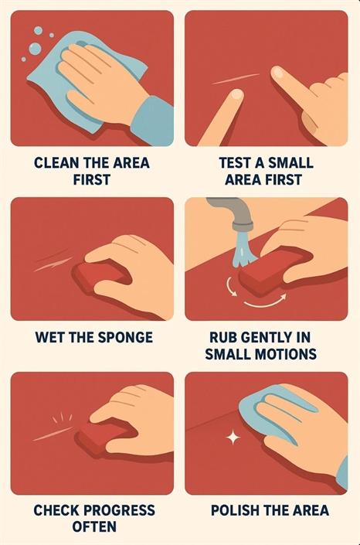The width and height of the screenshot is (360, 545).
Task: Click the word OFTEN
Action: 94,526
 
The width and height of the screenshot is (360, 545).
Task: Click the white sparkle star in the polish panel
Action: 233,438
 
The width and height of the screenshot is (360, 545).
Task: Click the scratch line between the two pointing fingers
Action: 236,80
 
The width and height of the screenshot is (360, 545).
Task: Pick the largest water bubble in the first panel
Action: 35,48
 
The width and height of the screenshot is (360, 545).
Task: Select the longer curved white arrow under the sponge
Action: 266,301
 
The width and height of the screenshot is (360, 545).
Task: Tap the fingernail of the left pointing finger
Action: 236,94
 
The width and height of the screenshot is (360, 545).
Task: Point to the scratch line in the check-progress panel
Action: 53,434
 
